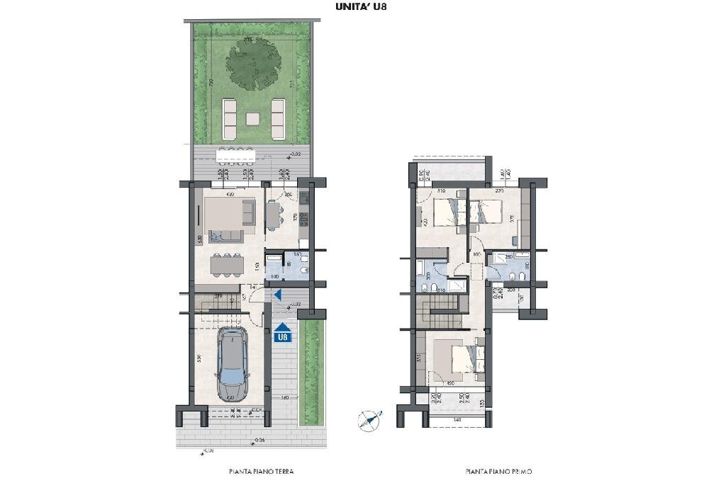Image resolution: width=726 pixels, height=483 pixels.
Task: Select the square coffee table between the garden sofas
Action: (253, 118)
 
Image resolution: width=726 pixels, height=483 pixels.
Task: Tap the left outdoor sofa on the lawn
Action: (230, 118)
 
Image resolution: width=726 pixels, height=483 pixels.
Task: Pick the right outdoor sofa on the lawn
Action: (277, 118)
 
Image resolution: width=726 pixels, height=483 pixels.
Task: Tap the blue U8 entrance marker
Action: (283, 334)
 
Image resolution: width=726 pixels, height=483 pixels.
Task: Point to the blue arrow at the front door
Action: (279, 295)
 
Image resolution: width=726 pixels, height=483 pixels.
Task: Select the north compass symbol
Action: (368, 419)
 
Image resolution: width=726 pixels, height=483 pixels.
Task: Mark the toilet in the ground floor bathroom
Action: (303, 270)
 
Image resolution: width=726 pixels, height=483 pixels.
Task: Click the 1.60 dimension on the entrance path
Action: (284, 397)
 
